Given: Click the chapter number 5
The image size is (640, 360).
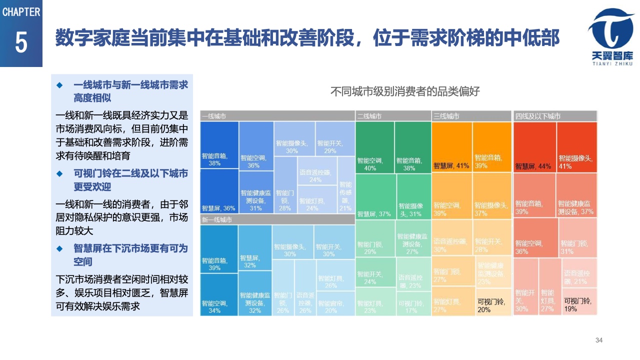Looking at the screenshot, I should point(21,43).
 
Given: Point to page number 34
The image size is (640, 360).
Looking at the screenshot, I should point(599,340).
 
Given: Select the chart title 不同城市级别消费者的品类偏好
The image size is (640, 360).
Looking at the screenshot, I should point(405,92).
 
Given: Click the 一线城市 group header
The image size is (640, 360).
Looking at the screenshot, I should point(277,116).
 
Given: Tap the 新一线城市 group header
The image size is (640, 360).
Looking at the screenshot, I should point(277,219).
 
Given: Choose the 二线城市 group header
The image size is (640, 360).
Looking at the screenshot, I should point(393,116).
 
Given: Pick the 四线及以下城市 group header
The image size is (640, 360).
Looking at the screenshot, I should point(555,116).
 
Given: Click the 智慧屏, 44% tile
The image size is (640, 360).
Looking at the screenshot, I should point(534,147).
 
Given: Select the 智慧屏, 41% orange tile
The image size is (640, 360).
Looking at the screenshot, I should point(451,147).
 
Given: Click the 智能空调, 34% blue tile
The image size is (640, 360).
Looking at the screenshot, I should point(219,294).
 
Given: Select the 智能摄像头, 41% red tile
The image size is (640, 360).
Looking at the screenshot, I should point(577,147).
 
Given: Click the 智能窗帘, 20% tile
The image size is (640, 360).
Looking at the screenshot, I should point(335,303).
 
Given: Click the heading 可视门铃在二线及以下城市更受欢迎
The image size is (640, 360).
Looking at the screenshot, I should point(130,180).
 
